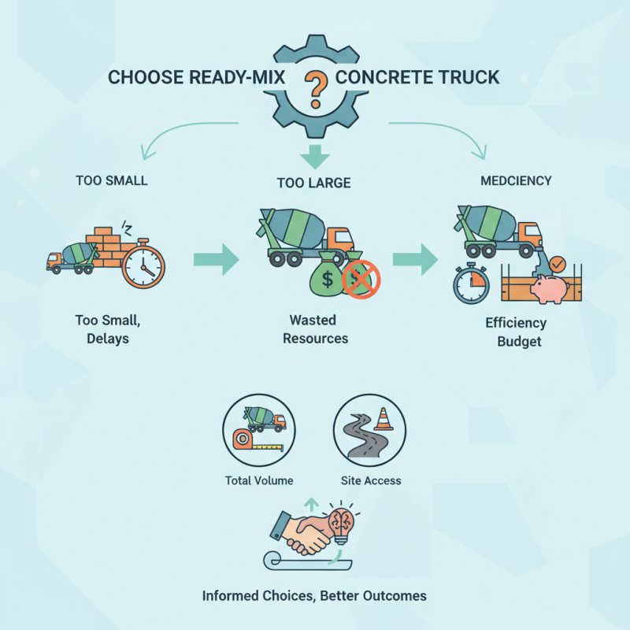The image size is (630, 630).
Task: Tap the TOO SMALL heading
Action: [x=111, y=180]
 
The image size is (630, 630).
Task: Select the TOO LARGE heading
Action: [x=313, y=183]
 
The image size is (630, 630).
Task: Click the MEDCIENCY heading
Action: [x=516, y=180]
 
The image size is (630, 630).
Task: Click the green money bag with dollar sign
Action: [x=326, y=276]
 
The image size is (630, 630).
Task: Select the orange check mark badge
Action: [x=557, y=263]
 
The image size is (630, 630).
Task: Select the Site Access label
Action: [x=370, y=480]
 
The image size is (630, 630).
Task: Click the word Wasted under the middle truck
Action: [x=313, y=321]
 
